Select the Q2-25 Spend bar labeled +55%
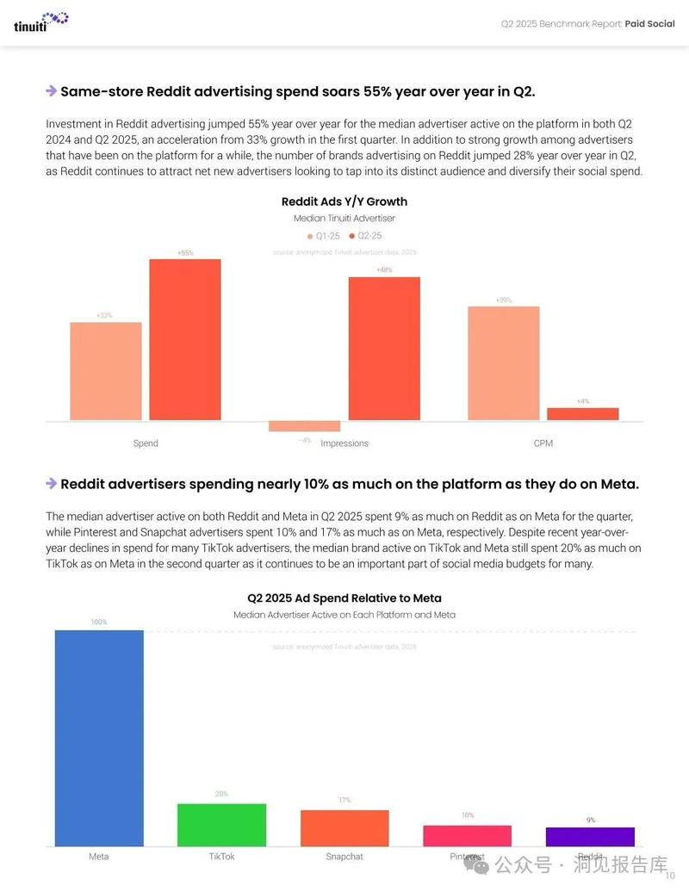pos(185,339)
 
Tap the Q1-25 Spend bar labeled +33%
pos(105,371)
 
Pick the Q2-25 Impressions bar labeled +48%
pos(384,348)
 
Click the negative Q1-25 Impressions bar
pos(292,426)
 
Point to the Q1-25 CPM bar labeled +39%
pos(503,362)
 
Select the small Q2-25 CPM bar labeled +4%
pos(582,414)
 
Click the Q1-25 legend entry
pos(323,235)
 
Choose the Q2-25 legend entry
pos(365,235)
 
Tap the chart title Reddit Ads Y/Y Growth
pos(344,201)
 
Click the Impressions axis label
pos(344,443)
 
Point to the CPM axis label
pos(543,443)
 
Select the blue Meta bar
pos(99,738)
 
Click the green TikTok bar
pos(221,825)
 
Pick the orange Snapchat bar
pos(344,827)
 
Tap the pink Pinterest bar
pos(467,835)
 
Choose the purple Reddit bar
pos(590,836)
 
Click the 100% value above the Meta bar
pos(99,622)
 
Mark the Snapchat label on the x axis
pos(344,857)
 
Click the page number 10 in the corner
pos(670,876)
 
